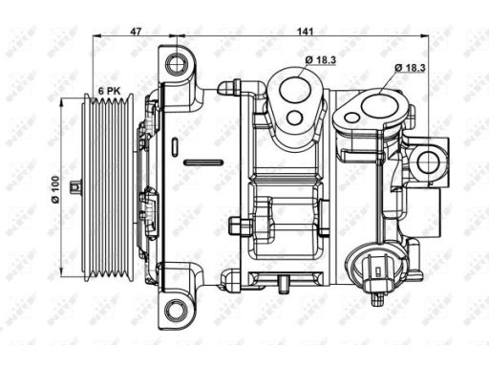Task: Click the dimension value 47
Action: pos(136,32)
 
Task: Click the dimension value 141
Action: pos(306,32)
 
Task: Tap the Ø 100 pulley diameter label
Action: pos(55,189)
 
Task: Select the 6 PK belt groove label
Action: pos(109,91)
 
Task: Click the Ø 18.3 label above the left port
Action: pos(320,59)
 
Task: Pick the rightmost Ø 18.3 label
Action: pos(411,68)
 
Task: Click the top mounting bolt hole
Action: pos(177,64)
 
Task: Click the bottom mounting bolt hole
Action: pos(176,310)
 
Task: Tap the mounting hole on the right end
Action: pos(430,162)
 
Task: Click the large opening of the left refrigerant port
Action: pos(295,90)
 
